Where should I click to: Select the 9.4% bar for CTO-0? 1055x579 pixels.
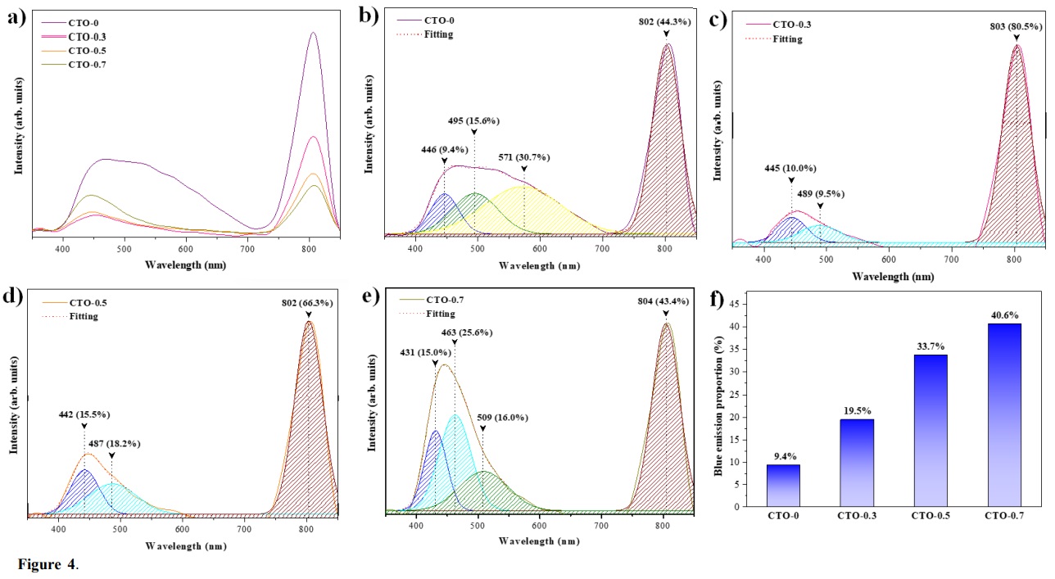783,485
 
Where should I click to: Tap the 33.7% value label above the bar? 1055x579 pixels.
930,346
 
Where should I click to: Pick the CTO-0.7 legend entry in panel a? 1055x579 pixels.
88,64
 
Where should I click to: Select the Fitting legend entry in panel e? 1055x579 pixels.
440,313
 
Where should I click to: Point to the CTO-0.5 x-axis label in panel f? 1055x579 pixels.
930,516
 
